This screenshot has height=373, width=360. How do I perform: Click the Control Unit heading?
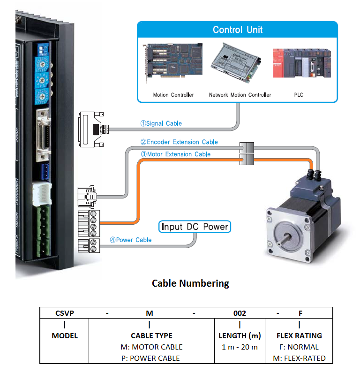point(238,30)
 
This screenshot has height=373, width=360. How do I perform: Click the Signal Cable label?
point(161,123)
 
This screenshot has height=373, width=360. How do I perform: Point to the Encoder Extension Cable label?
point(179,142)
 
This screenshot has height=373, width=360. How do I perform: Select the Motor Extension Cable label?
point(175,154)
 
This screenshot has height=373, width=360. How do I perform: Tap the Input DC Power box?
point(195,227)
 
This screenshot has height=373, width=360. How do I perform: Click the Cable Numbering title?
point(190,283)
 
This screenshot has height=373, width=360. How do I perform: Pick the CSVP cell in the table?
point(64,313)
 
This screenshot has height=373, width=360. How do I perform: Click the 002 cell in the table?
point(240,313)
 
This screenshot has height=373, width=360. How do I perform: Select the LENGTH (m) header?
point(240,335)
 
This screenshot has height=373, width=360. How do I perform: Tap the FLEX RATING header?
point(299,335)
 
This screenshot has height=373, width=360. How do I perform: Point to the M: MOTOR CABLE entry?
point(151,347)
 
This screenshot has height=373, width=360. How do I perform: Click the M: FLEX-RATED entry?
point(299,358)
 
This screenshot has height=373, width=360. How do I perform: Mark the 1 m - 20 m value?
point(240,347)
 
